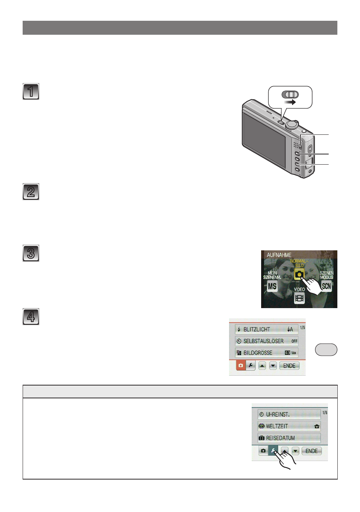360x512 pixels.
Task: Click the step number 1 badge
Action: pyautogui.click(x=31, y=91)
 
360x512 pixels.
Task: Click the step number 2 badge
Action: pyautogui.click(x=31, y=191)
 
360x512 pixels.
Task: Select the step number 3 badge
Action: pyautogui.click(x=31, y=253)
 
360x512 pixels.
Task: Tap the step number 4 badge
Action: pyautogui.click(x=31, y=316)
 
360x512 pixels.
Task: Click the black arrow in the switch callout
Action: pyautogui.click(x=290, y=102)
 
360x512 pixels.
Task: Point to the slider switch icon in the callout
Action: pyautogui.click(x=290, y=94)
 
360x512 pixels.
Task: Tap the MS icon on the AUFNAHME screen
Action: pyautogui.click(x=272, y=286)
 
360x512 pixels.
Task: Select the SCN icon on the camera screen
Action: pyautogui.click(x=326, y=286)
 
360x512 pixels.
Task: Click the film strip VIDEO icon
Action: pyautogui.click(x=299, y=298)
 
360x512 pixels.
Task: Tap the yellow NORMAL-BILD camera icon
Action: pyautogui.click(x=299, y=274)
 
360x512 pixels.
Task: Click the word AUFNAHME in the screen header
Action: pyautogui.click(x=279, y=255)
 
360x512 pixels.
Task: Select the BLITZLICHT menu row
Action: pyautogui.click(x=266, y=329)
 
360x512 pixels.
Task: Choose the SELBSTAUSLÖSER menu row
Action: pyautogui.click(x=266, y=341)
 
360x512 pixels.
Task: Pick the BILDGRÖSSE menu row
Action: pyautogui.click(x=266, y=353)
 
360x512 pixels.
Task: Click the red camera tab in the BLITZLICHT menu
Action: pyautogui.click(x=241, y=365)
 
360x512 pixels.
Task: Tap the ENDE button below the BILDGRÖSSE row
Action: pyautogui.click(x=289, y=366)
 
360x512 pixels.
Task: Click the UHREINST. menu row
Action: pyautogui.click(x=289, y=415)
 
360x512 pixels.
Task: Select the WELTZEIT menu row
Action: pyautogui.click(x=289, y=426)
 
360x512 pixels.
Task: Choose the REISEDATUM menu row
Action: pyautogui.click(x=289, y=438)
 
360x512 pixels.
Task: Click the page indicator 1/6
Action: pyautogui.click(x=325, y=413)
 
